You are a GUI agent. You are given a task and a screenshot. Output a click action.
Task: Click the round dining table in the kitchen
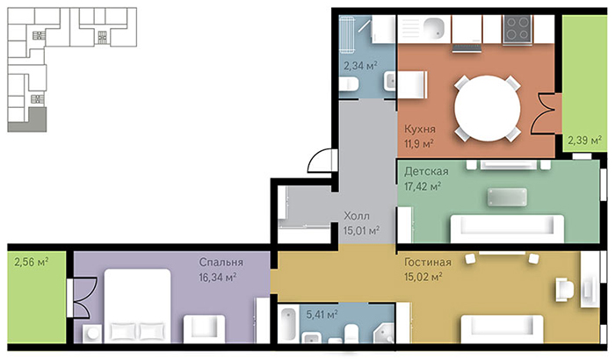point(487,108)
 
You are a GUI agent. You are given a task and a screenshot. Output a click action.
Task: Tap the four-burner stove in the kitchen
point(517,28)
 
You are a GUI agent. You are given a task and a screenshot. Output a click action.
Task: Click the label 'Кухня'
point(420,129)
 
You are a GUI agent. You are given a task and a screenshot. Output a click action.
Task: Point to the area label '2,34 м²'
point(360,65)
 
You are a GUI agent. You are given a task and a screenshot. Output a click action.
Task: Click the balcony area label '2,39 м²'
point(585,140)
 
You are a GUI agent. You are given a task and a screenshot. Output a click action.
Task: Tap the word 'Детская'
point(426,171)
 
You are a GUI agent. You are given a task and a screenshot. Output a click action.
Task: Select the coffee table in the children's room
point(507,197)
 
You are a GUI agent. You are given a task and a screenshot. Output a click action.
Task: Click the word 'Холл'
point(357,216)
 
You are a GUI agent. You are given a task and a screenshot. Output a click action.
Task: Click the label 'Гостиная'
point(428,262)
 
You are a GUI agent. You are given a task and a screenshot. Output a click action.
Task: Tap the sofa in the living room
point(502,328)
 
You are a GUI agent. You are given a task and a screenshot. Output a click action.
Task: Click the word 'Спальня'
point(221,262)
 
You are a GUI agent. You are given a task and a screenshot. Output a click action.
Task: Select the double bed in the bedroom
point(137,305)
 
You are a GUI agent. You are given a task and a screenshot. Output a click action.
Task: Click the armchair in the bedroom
point(204,328)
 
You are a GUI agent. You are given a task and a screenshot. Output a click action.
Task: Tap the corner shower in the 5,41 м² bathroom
point(383,334)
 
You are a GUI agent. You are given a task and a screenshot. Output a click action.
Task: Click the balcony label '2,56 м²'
point(31,262)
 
